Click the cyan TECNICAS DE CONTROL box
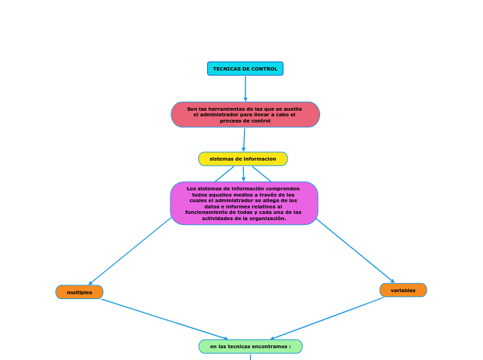point(245,69)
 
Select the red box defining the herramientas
point(245,115)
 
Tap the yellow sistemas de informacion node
point(243,159)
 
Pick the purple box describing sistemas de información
point(244,204)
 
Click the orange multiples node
point(79,292)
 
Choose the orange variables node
point(403,290)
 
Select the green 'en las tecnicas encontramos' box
point(250,346)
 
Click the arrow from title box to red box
point(245,89)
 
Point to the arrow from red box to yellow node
point(244,140)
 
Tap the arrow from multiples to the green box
point(165,319)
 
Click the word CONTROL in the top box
point(264,69)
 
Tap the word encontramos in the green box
point(271,347)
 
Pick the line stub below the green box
point(250,357)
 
